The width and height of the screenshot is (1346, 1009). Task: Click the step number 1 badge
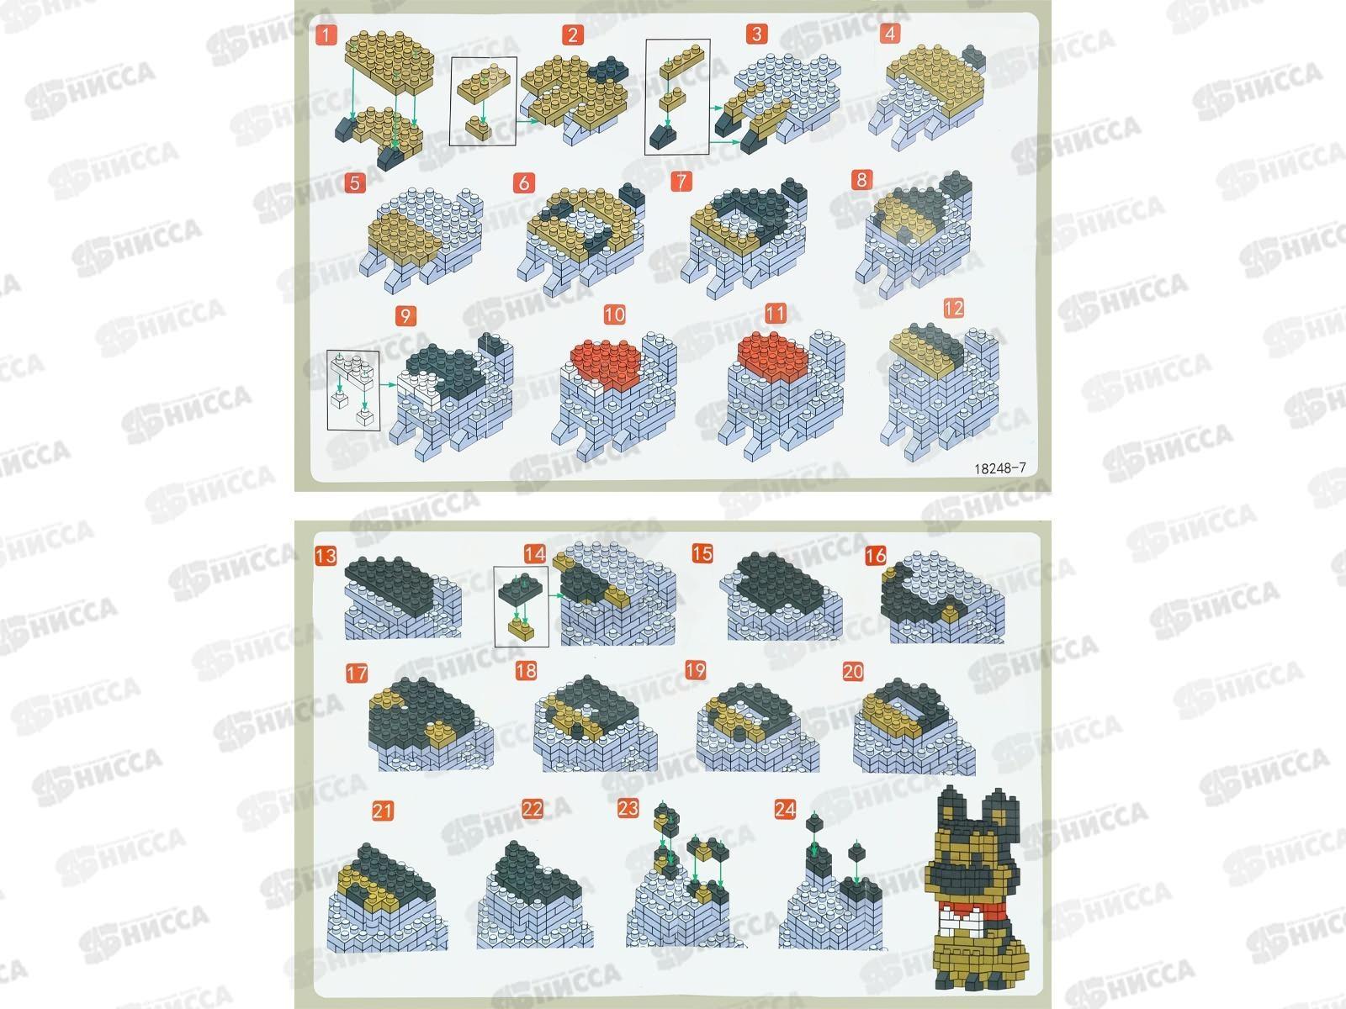(x=326, y=35)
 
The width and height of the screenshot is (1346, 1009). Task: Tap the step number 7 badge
(x=681, y=181)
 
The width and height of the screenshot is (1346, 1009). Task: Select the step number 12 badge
(x=953, y=308)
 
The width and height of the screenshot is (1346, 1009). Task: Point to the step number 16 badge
(x=875, y=556)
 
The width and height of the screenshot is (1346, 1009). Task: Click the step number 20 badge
(x=853, y=672)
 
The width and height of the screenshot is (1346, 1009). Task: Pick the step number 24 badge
(x=785, y=809)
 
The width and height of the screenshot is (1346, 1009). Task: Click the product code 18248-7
(x=1000, y=468)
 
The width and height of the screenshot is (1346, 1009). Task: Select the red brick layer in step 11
(x=772, y=358)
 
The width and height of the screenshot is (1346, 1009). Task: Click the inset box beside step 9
(x=352, y=390)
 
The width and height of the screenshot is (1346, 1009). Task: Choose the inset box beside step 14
(x=522, y=606)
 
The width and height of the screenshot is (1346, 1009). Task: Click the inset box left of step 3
(x=677, y=97)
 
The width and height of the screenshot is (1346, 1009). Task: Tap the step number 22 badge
(x=532, y=809)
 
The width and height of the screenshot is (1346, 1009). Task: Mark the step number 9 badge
(x=405, y=315)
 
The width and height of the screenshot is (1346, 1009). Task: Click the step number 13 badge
(x=326, y=556)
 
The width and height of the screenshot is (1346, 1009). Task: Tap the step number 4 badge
(x=890, y=33)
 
